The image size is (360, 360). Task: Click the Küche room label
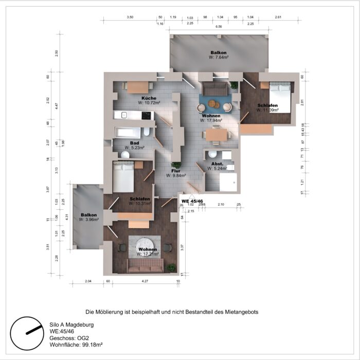149,98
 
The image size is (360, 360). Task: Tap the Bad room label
134,143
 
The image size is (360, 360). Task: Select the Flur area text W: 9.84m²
176,175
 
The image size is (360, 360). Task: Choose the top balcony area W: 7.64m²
219,58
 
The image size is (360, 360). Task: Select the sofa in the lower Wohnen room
146,265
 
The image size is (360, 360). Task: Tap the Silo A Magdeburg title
71,325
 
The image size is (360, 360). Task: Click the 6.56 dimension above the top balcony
219,26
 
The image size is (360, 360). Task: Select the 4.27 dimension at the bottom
145,281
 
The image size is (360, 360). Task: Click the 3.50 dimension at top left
130,17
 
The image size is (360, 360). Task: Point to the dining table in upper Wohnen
216,135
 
